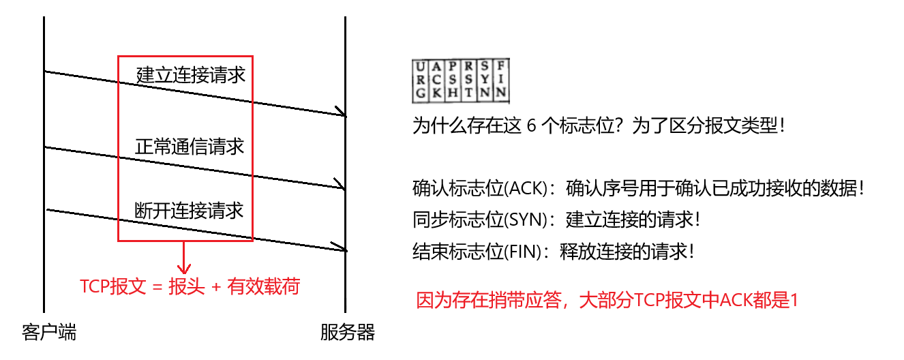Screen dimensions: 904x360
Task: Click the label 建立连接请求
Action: pyautogui.click(x=190, y=74)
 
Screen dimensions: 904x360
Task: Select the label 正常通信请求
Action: pyautogui.click(x=189, y=146)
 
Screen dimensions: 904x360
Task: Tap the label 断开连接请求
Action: pyautogui.click(x=189, y=211)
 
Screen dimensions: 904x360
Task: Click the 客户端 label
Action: pyautogui.click(x=48, y=333)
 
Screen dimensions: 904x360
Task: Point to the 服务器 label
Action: pyautogui.click(x=348, y=333)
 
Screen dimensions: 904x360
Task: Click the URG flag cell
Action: pyautogui.click(x=421, y=80)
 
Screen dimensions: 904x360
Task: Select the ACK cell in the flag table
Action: pyautogui.click(x=437, y=80)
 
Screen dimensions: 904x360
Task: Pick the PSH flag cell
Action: pyautogui.click(x=453, y=80)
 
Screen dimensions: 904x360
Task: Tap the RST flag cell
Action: pyautogui.click(x=469, y=80)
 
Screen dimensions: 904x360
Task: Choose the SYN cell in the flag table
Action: pyautogui.click(x=485, y=80)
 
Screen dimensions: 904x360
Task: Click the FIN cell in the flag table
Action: pyautogui.click(x=502, y=80)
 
